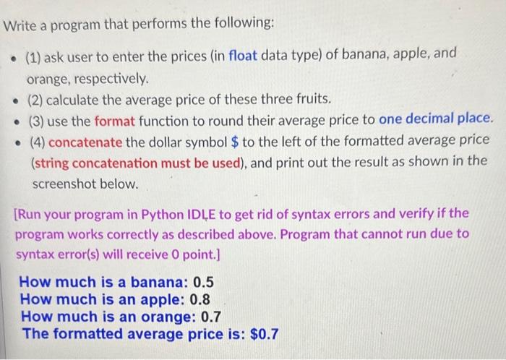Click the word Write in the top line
[x=21, y=25]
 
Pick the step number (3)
[x=36, y=118]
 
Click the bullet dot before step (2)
[x=12, y=99]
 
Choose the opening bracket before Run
[x=17, y=214]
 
